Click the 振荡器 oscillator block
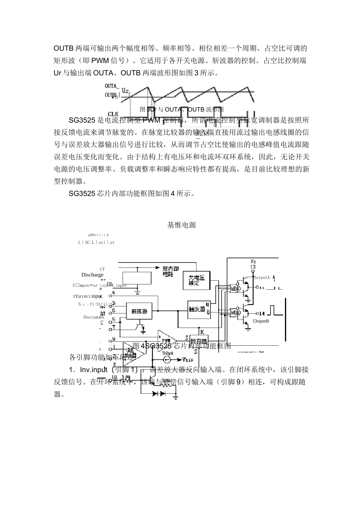(x=139, y=311)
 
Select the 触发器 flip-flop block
(x=197, y=309)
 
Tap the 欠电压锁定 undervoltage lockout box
(x=197, y=281)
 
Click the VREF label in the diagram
(x=190, y=359)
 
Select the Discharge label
(x=92, y=275)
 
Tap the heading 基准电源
(x=182, y=225)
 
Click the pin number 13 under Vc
(x=253, y=267)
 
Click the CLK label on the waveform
(x=113, y=114)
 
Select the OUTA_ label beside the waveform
(x=112, y=86)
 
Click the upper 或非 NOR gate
(x=236, y=289)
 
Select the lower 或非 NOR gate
(x=236, y=313)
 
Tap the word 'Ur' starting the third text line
(x=58, y=73)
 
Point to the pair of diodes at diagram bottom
(x=159, y=393)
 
